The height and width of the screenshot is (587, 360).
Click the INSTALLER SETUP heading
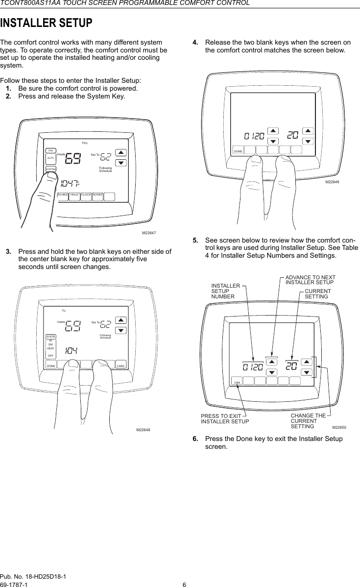[x=47, y=23]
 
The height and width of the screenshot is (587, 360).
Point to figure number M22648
[x=143, y=430]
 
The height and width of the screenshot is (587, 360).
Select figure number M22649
[x=333, y=181]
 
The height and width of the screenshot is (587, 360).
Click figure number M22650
[x=339, y=427]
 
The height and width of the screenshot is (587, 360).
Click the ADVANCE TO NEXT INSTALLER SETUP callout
[x=310, y=280]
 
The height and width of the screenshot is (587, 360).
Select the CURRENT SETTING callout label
[x=318, y=294]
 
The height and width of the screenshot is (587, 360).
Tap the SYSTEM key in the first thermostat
[x=51, y=169]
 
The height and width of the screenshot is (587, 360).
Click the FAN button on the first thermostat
[x=51, y=150]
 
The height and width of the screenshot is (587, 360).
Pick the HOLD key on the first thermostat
[x=75, y=195]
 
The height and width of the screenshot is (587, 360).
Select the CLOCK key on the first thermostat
[x=86, y=195]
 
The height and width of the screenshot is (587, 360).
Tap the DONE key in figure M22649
[x=239, y=151]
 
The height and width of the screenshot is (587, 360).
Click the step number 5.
[x=195, y=241]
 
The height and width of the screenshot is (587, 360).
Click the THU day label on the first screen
[x=85, y=143]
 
